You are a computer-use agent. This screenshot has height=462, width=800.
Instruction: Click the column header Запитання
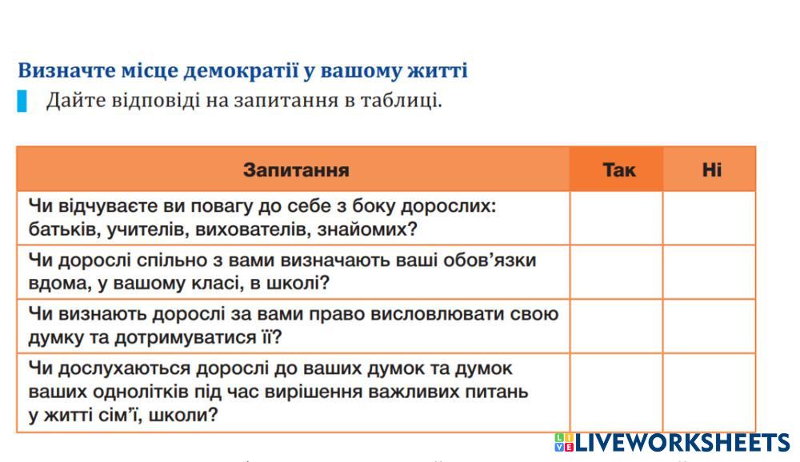tap(296, 169)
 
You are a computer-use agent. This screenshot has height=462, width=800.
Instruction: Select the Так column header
tap(619, 169)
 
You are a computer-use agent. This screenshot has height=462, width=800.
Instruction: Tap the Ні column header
tap(712, 169)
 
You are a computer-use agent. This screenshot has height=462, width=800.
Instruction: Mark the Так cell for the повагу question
tap(616, 218)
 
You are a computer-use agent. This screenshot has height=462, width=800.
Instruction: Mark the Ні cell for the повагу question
tap(709, 218)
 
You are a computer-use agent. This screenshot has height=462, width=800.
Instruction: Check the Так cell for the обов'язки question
tap(616, 273)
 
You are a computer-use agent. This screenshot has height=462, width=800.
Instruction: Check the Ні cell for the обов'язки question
tap(709, 273)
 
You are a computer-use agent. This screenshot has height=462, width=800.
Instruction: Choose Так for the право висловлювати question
tap(616, 326)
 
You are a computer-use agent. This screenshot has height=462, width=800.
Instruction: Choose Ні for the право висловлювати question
tap(709, 326)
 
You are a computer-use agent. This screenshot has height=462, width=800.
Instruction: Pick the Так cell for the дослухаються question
tap(616, 392)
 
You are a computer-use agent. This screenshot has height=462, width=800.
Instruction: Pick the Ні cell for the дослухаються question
tap(709, 392)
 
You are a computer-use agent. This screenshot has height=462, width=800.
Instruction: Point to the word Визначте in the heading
tap(67, 70)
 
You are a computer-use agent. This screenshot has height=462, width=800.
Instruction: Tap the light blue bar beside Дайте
tap(22, 101)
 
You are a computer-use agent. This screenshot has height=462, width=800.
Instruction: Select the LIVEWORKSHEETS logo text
tap(682, 442)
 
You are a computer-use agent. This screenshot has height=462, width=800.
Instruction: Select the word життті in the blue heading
tap(438, 70)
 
